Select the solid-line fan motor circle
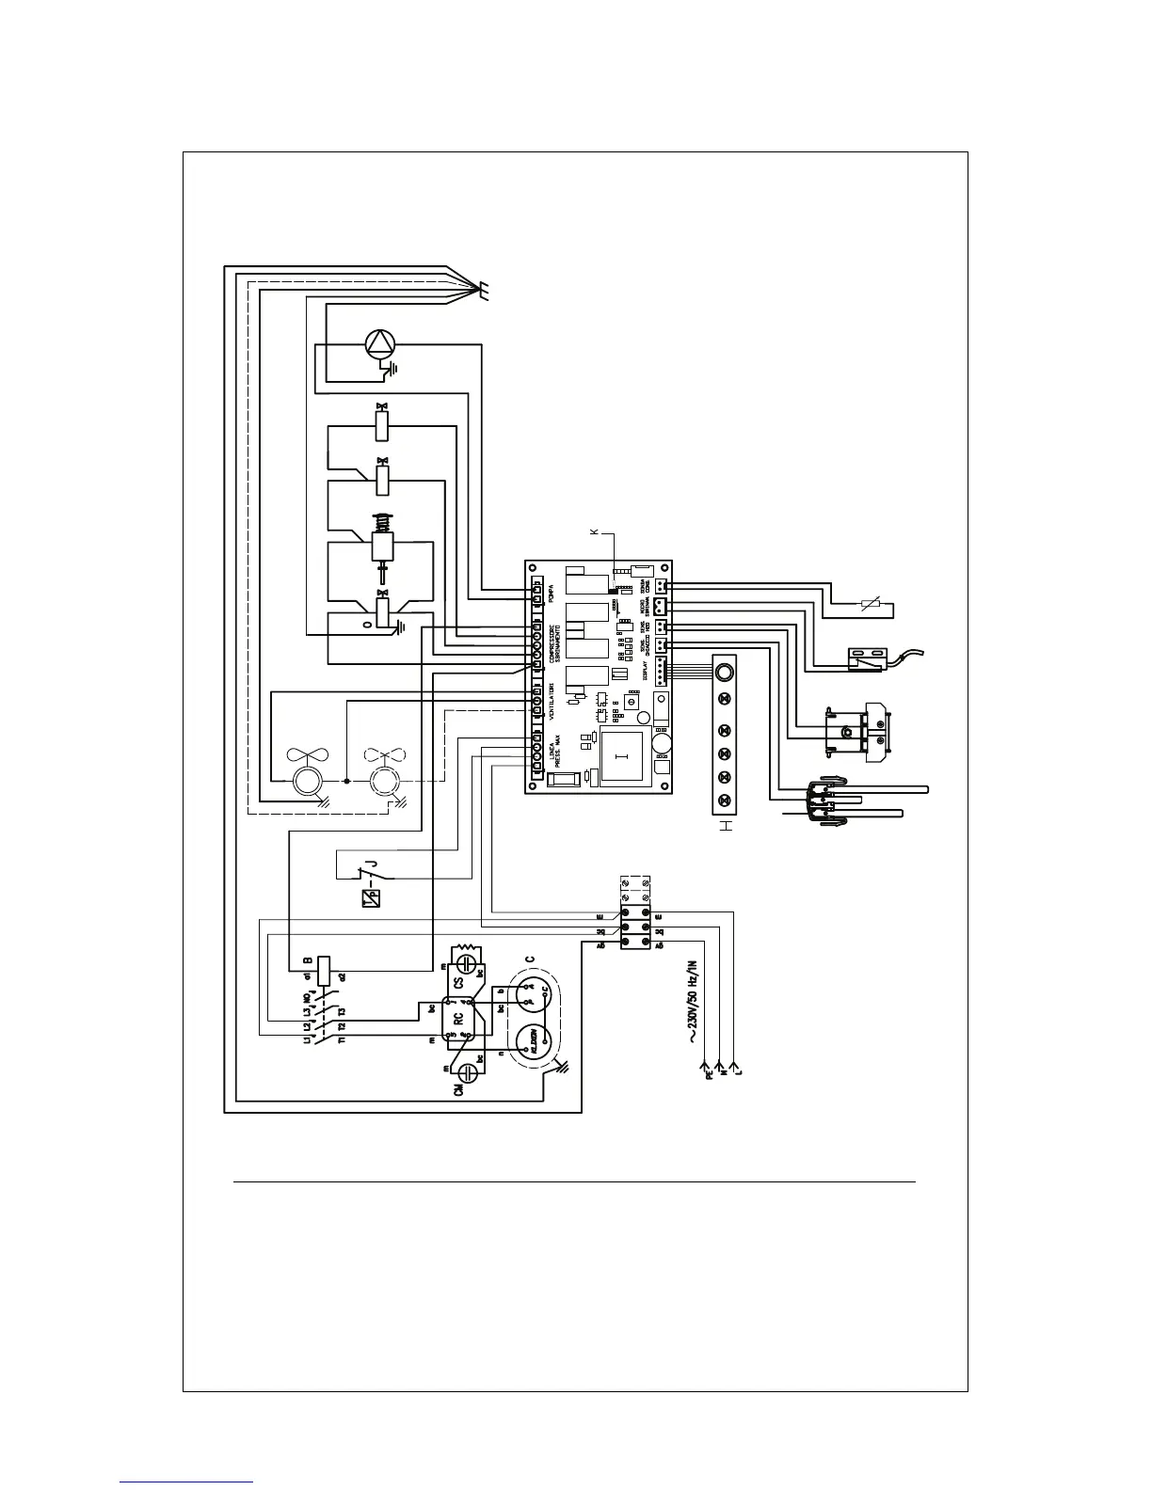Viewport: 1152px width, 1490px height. [x=306, y=781]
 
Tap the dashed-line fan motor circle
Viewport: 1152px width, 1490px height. [x=384, y=781]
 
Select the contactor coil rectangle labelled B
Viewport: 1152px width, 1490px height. [x=323, y=970]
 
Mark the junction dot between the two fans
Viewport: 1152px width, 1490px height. [x=347, y=780]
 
